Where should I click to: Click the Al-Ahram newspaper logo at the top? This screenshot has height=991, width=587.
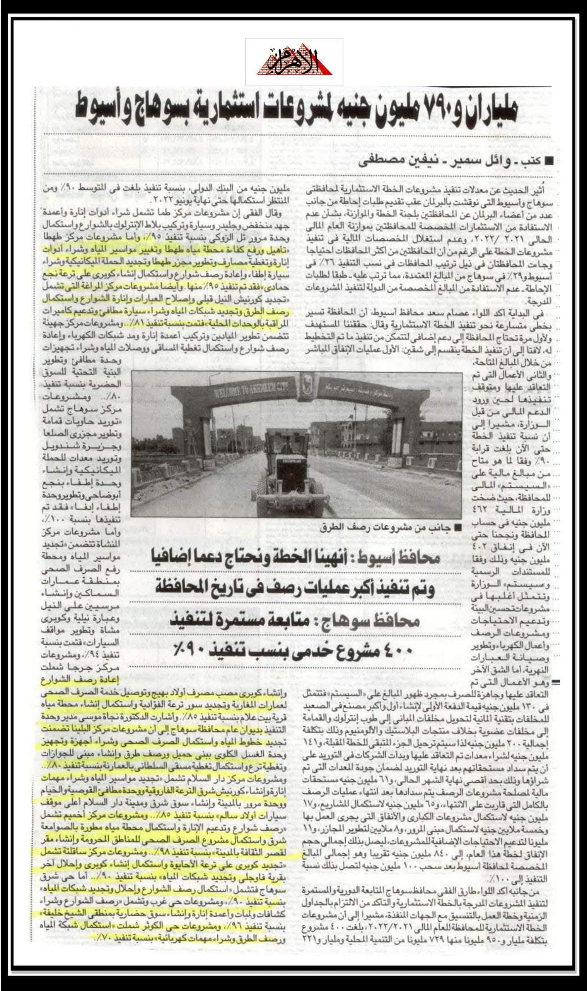pos(294,63)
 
